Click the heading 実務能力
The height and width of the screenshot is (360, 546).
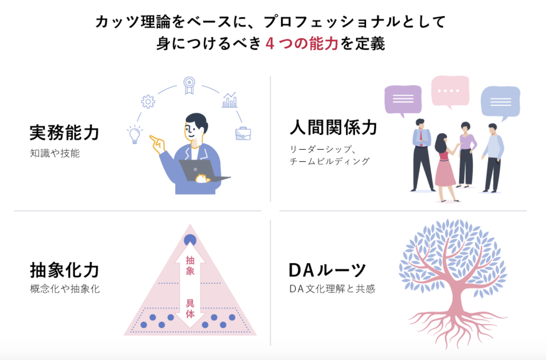coord(64,133)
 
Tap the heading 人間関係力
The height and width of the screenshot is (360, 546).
coord(333,128)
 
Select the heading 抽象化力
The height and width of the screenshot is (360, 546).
coord(64,271)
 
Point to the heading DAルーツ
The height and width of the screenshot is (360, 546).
coord(327,271)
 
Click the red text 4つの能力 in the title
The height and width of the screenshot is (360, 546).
coord(302,44)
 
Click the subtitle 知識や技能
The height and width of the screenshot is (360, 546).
coord(55,153)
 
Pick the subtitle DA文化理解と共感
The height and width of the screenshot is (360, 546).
coord(332,289)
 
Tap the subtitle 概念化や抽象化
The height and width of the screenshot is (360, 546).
coord(65,289)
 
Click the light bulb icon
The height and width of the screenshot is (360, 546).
coord(134,135)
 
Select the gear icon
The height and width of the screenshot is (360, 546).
coord(148,102)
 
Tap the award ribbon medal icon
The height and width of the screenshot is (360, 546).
coord(189,85)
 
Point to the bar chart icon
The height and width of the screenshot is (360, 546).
coord(229,100)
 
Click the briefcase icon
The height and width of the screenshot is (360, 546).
coord(243,133)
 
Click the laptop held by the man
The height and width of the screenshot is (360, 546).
coord(201,171)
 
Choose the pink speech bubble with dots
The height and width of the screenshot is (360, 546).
coord(450,91)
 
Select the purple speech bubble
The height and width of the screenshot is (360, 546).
coord(403,99)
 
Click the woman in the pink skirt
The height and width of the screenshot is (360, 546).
coord(444,167)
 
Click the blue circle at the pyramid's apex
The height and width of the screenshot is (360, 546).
coord(190,240)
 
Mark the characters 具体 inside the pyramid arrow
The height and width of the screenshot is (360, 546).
coord(190,308)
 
